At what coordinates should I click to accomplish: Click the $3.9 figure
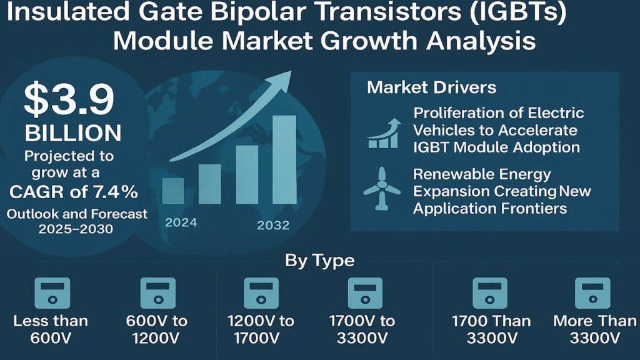click(x=69, y=99)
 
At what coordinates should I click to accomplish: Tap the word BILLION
click(x=73, y=133)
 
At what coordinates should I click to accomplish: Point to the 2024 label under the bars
click(x=181, y=222)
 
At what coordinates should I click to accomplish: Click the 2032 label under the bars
click(x=273, y=225)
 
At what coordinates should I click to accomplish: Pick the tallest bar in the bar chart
click(x=284, y=159)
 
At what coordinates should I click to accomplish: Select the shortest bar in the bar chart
click(x=172, y=191)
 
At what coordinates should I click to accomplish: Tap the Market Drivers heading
click(x=431, y=87)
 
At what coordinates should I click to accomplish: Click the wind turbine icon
click(x=382, y=189)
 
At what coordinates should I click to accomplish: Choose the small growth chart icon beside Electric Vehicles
click(x=384, y=133)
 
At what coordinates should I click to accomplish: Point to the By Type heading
click(x=319, y=260)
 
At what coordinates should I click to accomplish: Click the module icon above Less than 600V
click(x=52, y=293)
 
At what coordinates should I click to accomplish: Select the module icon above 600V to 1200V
click(x=158, y=293)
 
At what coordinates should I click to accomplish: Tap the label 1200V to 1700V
click(x=261, y=329)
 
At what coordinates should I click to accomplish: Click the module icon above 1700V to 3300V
click(x=365, y=293)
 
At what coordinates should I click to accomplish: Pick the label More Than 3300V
click(x=595, y=329)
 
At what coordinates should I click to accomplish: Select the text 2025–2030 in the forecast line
click(x=76, y=229)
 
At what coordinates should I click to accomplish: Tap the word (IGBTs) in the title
click(x=518, y=12)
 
